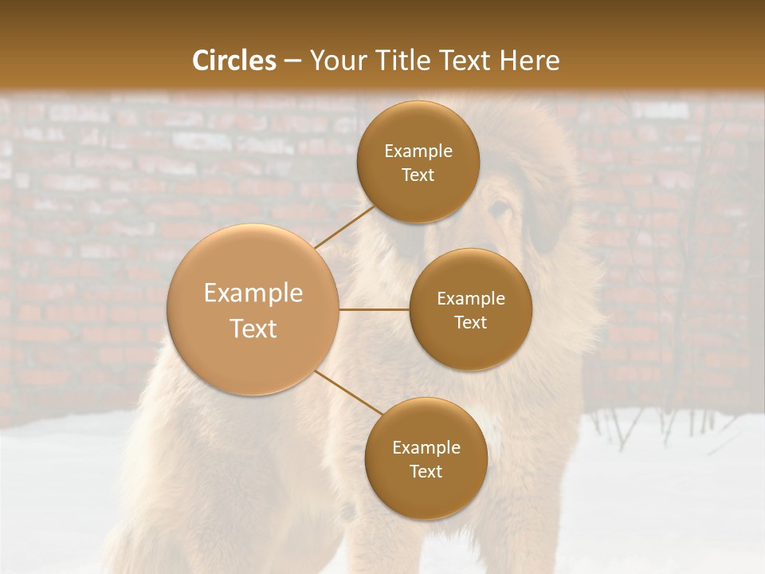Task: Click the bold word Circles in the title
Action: [x=233, y=61]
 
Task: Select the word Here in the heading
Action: [x=530, y=61]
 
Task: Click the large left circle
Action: [x=253, y=310]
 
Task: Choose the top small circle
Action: [x=418, y=162]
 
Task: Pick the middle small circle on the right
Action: [x=471, y=309]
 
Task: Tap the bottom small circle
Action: [x=426, y=459]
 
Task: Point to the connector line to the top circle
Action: [x=345, y=227]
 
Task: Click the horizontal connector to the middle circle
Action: [x=375, y=309]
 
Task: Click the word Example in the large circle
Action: [x=253, y=293]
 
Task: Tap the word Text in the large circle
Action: [x=253, y=328]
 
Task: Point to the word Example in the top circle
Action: [x=418, y=151]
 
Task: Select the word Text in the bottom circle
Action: [x=426, y=471]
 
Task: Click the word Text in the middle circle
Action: [x=471, y=322]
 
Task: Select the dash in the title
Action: [x=292, y=61]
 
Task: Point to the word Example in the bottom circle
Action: [x=426, y=447]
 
